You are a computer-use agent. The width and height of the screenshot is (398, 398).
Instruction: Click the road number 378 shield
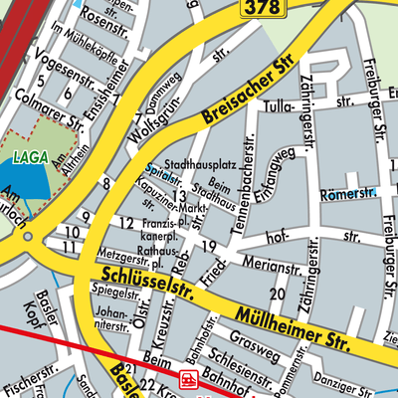click(x=262, y=8)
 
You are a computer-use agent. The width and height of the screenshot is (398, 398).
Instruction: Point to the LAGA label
click(x=30, y=157)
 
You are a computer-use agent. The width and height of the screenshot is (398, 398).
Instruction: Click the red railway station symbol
click(x=188, y=379)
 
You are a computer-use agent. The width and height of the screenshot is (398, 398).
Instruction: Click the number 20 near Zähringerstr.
click(x=278, y=295)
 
